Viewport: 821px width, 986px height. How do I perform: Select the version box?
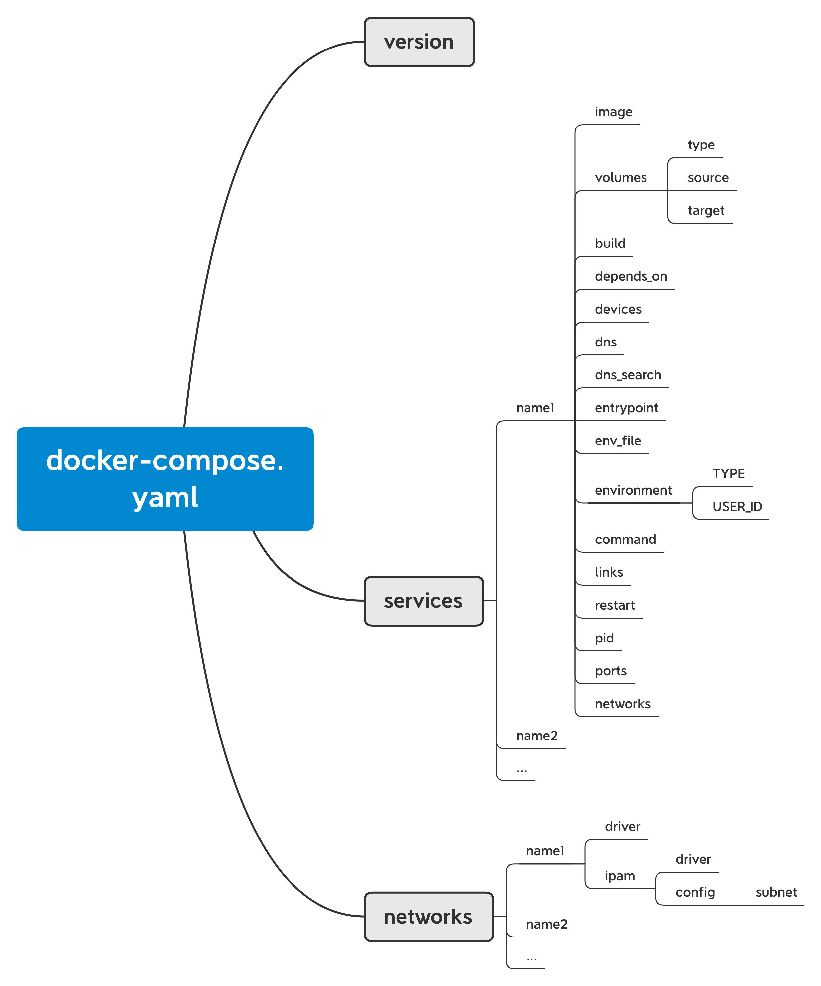tap(419, 42)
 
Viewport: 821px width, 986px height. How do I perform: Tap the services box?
tap(423, 601)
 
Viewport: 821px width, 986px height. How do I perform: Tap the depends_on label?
tap(631, 276)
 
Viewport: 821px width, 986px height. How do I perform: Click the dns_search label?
tap(628, 375)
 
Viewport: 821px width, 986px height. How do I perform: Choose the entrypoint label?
tap(626, 408)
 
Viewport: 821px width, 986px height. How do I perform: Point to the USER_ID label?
tap(737, 507)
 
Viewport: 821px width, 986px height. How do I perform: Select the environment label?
tap(633, 490)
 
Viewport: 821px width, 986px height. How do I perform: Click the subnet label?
tap(775, 892)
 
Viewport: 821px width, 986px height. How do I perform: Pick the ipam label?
tap(620, 876)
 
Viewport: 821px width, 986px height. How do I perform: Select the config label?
tap(695, 892)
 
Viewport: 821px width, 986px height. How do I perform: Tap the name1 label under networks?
tap(544, 851)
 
